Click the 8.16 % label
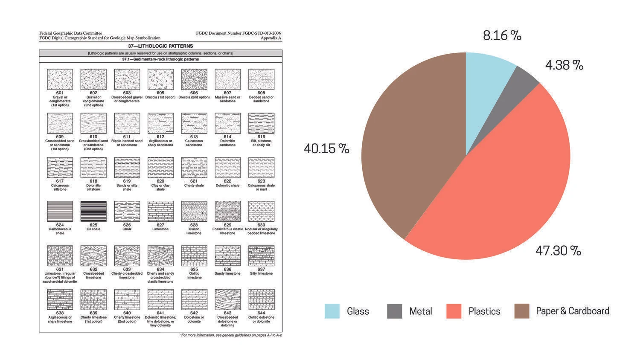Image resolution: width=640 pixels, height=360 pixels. tap(502, 35)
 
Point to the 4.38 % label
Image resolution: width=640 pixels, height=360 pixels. tap(564, 65)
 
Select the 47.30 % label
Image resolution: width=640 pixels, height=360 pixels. tap(558, 250)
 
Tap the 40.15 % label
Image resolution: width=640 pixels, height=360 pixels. tap(326, 148)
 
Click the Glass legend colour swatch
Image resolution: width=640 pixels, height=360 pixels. tap(332, 311)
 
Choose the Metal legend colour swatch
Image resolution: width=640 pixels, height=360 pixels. tap(395, 311)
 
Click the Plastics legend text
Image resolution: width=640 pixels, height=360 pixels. tap(484, 311)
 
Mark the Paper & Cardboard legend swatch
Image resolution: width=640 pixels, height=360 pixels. tap(521, 311)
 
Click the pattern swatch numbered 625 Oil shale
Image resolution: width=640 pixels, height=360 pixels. tap(93, 212)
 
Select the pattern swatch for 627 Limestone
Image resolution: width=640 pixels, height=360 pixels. tap(160, 212)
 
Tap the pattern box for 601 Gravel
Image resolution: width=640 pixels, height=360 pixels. tap(60, 80)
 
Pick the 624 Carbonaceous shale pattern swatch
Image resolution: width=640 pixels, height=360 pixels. tap(60, 212)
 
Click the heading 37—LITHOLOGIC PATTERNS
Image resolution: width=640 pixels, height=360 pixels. tap(160, 46)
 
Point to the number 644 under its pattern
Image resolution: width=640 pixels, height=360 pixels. tap(261, 313)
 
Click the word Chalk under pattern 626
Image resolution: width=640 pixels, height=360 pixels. tap(127, 229)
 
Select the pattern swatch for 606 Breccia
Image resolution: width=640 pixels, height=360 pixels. tap(194, 80)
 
